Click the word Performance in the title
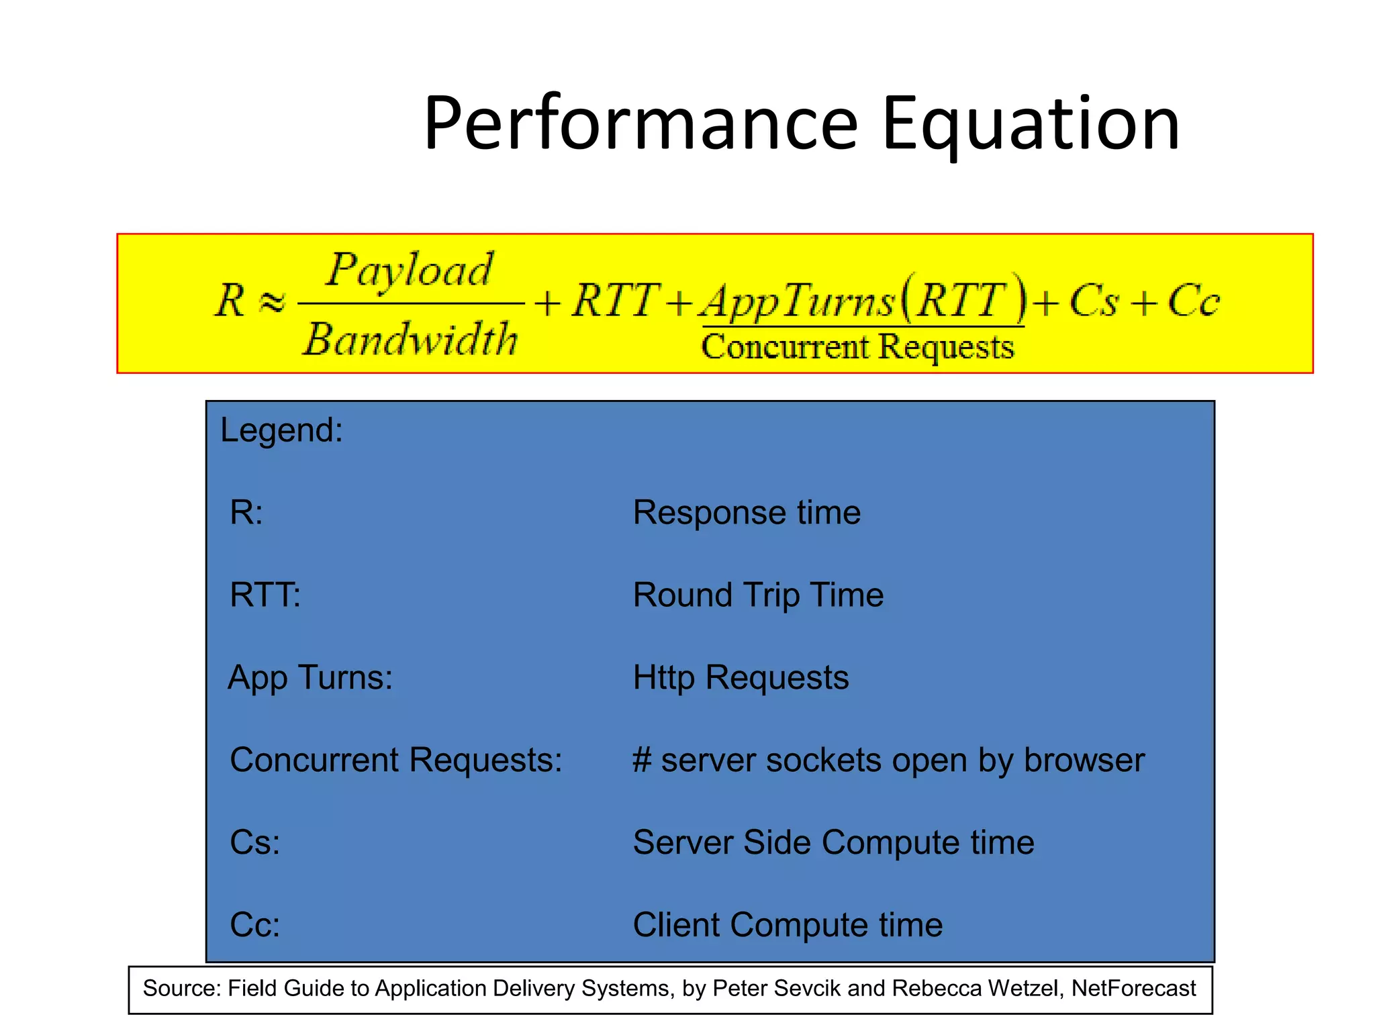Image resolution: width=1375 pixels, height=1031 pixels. (641, 124)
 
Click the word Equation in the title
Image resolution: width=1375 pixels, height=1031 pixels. (1031, 124)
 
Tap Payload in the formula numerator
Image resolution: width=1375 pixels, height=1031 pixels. (410, 271)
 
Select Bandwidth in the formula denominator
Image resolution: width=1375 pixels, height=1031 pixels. (410, 339)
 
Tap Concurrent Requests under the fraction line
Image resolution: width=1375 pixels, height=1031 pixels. (857, 347)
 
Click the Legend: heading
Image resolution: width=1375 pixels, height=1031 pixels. (281, 430)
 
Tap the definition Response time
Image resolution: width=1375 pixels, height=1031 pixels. (747, 513)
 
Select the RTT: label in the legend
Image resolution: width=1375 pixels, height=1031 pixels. (265, 595)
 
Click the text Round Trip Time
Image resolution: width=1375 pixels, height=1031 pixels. (758, 595)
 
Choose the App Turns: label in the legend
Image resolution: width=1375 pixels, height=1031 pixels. (310, 678)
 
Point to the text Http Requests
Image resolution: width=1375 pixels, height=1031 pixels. (741, 678)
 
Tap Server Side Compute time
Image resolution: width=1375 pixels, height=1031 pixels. (833, 843)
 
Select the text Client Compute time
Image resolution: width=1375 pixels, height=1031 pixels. (788, 926)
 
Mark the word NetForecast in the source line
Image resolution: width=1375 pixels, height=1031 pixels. (1133, 989)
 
